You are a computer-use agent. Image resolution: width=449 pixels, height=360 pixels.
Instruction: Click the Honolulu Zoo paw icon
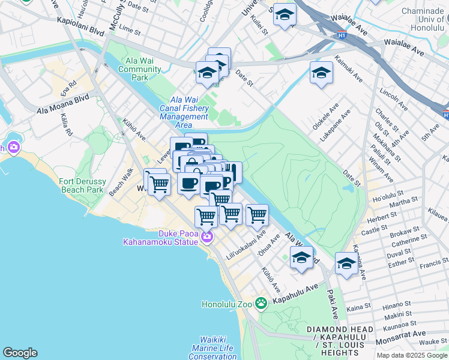[x=261, y=303]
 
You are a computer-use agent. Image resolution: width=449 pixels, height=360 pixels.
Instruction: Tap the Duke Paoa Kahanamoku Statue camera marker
[x=206, y=237]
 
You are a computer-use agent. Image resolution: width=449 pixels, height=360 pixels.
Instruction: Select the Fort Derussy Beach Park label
[x=85, y=185]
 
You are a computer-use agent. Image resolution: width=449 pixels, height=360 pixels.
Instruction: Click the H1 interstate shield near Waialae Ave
[x=342, y=35]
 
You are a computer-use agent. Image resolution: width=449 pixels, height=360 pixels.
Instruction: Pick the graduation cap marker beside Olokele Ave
[x=321, y=74]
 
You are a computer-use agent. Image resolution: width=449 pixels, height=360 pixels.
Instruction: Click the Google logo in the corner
[x=20, y=352]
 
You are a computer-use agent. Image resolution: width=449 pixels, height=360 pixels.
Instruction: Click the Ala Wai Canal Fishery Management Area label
[x=184, y=112]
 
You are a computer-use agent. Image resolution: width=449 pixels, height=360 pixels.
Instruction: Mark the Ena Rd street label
[x=68, y=88]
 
